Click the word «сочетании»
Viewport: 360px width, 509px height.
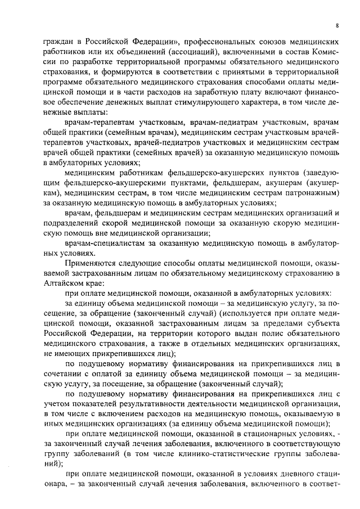pos(62,376)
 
